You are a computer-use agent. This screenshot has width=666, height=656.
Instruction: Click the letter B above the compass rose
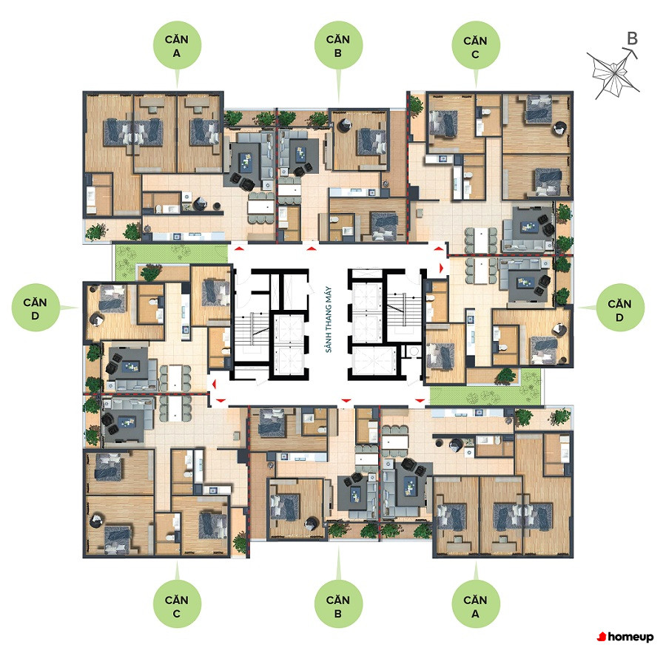click(632, 38)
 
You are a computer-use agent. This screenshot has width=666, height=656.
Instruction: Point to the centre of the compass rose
click(613, 74)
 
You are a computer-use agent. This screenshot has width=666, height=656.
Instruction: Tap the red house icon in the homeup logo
click(601, 637)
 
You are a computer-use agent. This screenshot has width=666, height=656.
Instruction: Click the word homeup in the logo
click(630, 637)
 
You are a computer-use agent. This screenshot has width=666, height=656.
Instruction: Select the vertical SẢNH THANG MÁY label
click(329, 319)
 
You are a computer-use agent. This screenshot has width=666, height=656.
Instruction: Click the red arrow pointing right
click(442, 268)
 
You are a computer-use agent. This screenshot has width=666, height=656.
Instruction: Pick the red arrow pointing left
click(214, 384)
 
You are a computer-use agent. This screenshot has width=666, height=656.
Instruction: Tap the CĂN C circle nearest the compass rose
click(475, 45)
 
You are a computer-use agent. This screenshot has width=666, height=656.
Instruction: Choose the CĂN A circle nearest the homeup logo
click(475, 605)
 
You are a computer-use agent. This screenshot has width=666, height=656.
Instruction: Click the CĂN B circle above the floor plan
click(338, 45)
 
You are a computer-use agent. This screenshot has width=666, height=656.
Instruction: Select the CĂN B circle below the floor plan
click(338, 605)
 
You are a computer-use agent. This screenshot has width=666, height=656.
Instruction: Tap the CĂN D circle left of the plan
click(36, 308)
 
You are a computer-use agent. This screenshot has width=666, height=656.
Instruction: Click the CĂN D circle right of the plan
click(619, 308)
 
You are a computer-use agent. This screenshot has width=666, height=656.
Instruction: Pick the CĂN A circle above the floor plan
click(177, 45)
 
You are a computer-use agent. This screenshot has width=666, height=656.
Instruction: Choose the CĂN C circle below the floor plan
click(177, 605)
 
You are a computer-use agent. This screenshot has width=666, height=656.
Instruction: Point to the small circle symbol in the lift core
click(414, 351)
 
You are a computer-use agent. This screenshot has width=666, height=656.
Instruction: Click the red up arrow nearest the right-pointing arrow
click(438, 250)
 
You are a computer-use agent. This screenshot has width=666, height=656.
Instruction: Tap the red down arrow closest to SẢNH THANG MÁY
click(346, 400)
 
